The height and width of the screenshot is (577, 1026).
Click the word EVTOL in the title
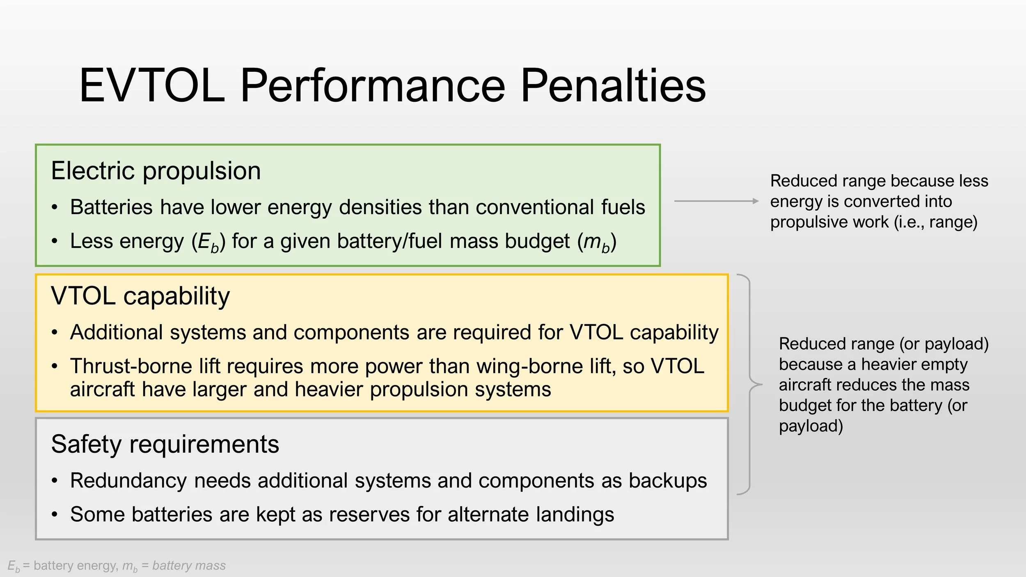(152, 86)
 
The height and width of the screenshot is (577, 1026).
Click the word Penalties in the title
(613, 86)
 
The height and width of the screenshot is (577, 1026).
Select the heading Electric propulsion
(156, 171)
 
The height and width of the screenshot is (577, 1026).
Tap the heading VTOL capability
(140, 296)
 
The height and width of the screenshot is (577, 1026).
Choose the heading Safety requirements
(165, 444)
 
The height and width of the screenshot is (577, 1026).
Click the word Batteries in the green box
(111, 207)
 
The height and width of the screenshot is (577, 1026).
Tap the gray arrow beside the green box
(716, 201)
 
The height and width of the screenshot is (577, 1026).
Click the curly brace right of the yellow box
(750, 384)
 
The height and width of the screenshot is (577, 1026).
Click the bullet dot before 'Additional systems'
(55, 332)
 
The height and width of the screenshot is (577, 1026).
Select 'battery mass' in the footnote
(189, 566)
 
